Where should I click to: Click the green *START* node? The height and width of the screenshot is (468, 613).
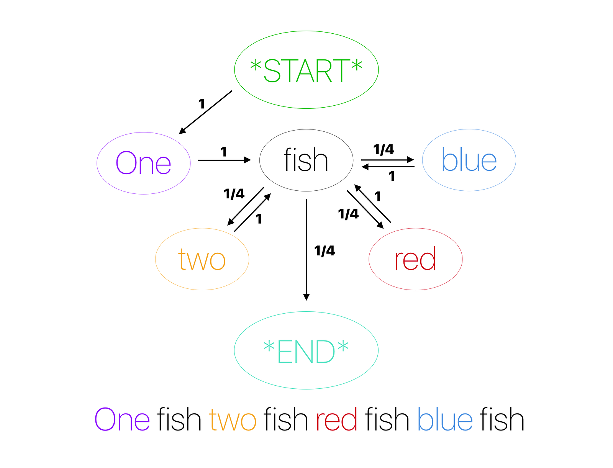pos(306,70)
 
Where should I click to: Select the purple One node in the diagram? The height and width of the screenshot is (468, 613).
pos(143,163)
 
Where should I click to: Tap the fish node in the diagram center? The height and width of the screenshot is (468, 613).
pos(306,160)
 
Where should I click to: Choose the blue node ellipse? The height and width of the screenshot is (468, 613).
pos(469,160)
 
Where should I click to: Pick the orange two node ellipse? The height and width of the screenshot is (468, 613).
pos(202,259)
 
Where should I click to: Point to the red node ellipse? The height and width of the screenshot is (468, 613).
pos(415,259)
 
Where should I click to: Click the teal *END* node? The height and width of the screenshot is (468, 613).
pos(306,350)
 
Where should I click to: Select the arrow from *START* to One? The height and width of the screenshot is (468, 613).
pos(206,112)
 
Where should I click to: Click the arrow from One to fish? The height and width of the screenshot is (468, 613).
pos(224,160)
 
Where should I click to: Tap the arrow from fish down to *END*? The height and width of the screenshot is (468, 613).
pos(306,249)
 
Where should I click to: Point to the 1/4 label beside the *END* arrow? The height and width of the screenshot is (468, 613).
pos(325,251)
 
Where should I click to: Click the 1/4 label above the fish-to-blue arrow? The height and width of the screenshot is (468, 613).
pos(384,149)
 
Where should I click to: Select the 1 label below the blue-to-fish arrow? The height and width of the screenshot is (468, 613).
pos(392,176)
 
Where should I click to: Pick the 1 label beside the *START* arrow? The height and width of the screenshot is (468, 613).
pos(202,104)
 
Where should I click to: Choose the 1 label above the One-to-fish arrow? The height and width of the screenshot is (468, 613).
pos(224,152)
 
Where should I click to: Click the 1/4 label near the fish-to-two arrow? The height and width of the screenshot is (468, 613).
pos(234,194)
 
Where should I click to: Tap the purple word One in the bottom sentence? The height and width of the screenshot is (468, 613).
pos(122,420)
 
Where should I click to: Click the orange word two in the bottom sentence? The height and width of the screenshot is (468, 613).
pos(233,420)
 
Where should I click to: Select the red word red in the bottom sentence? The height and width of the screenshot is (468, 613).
pos(337,420)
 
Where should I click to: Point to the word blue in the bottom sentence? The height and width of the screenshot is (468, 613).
pos(445,420)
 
